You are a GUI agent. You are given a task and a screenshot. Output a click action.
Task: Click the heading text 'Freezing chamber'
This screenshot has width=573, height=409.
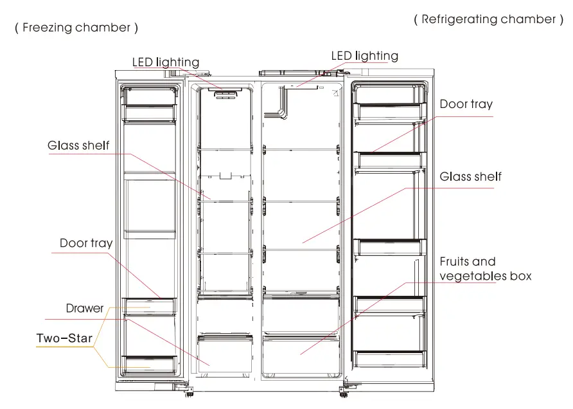(x=76, y=28)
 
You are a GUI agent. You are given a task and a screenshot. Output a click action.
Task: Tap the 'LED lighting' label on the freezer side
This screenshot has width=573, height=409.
(x=166, y=62)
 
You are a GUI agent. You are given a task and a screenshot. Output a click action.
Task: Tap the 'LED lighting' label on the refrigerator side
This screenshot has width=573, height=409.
(x=364, y=56)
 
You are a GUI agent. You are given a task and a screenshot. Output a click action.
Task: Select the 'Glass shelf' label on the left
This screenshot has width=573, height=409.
(x=78, y=145)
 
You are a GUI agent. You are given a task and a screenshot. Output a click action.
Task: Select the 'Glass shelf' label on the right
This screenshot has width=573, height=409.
(x=470, y=176)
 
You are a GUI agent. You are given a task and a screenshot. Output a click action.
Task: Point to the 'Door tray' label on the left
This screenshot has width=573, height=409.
(x=86, y=243)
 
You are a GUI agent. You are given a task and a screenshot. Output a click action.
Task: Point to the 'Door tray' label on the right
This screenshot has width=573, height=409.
(x=466, y=104)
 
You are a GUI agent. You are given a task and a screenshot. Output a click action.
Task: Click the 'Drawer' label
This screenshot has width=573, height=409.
(x=85, y=308)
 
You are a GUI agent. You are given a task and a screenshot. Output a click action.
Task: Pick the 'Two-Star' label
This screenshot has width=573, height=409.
(x=64, y=338)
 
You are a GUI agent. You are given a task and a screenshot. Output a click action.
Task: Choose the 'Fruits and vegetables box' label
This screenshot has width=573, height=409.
(x=485, y=269)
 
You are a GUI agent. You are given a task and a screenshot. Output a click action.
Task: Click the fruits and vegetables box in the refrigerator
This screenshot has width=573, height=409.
(x=301, y=353)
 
